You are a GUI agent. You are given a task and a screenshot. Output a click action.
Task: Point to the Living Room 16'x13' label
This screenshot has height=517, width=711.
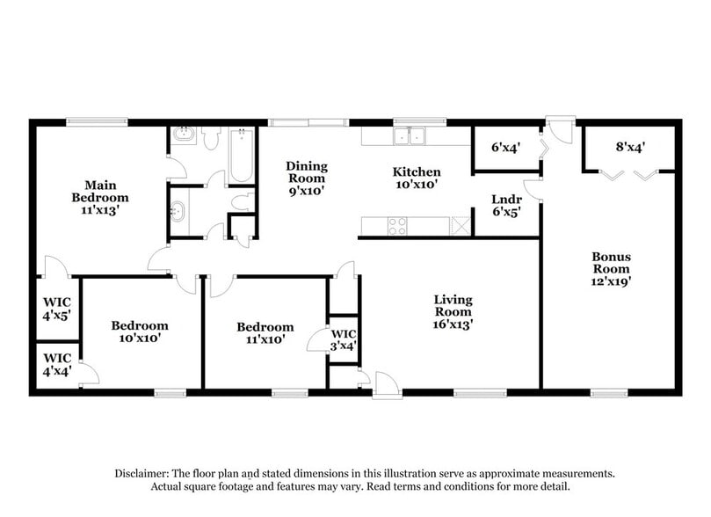453,311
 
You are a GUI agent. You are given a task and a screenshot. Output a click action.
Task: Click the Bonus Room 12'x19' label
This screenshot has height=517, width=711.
611,269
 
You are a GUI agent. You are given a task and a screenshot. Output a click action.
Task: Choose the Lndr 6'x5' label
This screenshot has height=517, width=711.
505,205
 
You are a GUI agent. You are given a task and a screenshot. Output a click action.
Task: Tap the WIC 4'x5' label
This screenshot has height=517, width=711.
57,309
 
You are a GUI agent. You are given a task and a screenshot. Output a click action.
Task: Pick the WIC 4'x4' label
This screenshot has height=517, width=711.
57,364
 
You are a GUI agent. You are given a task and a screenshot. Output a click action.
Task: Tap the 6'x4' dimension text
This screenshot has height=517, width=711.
505,148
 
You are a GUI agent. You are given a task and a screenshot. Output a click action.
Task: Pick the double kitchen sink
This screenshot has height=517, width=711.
409,136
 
